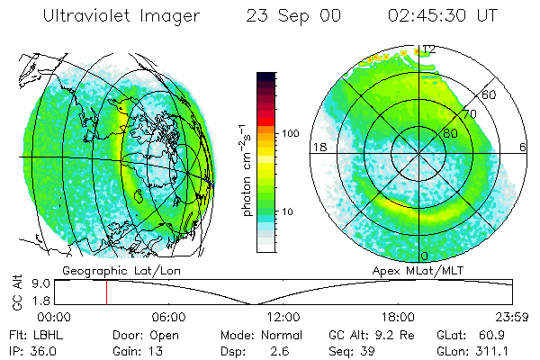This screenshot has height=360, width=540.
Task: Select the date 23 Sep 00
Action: point(291,15)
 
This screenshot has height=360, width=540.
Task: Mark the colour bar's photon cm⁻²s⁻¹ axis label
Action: point(247,171)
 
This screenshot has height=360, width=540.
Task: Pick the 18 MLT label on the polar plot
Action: point(318,147)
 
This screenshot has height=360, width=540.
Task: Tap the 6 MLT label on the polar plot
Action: point(523,147)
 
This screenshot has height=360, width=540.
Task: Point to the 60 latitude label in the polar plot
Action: point(489,94)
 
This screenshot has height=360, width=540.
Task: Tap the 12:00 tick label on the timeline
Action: point(283,317)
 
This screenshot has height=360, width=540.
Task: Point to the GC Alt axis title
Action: point(15,292)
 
